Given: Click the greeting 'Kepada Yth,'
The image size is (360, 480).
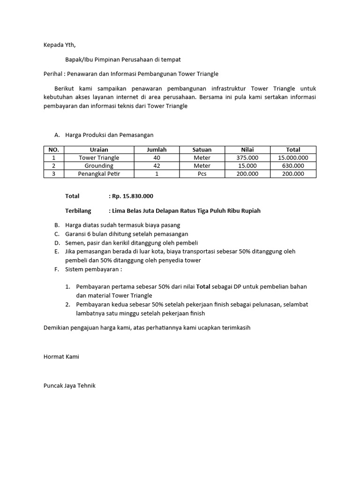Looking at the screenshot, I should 59,45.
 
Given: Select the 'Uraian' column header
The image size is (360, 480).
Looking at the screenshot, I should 99,150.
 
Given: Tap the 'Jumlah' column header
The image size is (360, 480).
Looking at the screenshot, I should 157,150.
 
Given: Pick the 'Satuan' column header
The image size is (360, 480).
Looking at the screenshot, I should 202,150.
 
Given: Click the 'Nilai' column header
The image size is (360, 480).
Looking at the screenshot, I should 247,150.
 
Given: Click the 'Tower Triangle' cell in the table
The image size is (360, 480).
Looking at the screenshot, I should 99,158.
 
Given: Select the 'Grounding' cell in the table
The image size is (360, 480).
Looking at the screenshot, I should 99,166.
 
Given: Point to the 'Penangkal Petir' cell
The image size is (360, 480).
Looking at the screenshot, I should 99,174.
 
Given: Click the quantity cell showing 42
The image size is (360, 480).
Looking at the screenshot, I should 157,166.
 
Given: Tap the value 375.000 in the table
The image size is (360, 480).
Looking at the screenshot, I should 247,158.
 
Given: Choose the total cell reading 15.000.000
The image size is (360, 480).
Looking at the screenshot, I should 293,158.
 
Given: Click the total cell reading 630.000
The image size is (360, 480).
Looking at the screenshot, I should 293,166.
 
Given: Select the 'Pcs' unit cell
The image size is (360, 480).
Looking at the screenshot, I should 202,174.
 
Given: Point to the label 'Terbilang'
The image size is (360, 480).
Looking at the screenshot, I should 78,211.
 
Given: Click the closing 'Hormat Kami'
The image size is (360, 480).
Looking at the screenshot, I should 61,357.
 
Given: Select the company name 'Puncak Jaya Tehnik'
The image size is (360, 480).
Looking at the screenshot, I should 69,386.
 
